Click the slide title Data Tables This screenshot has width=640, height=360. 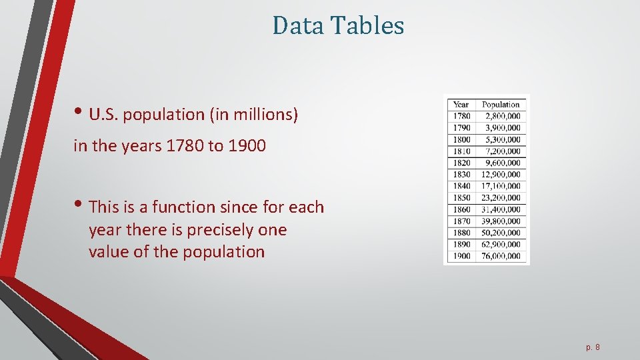point(338,26)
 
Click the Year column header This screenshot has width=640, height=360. point(461,104)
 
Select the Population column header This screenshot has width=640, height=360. point(501,104)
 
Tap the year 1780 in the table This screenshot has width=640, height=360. point(461,116)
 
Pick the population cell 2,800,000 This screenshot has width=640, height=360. point(503,116)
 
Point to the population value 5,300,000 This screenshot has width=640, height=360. point(503,139)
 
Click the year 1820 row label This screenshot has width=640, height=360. point(461,163)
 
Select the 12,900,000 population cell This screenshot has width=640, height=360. point(501,174)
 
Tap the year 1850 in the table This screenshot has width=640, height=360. point(461,197)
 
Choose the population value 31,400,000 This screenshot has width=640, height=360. point(501,209)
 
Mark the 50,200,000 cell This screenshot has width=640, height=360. point(501,233)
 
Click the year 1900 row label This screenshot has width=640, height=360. point(461,256)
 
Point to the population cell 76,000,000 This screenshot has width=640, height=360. point(501,256)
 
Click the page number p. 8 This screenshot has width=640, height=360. point(593,347)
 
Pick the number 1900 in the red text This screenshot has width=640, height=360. point(247,146)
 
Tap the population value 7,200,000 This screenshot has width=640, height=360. point(503,151)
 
